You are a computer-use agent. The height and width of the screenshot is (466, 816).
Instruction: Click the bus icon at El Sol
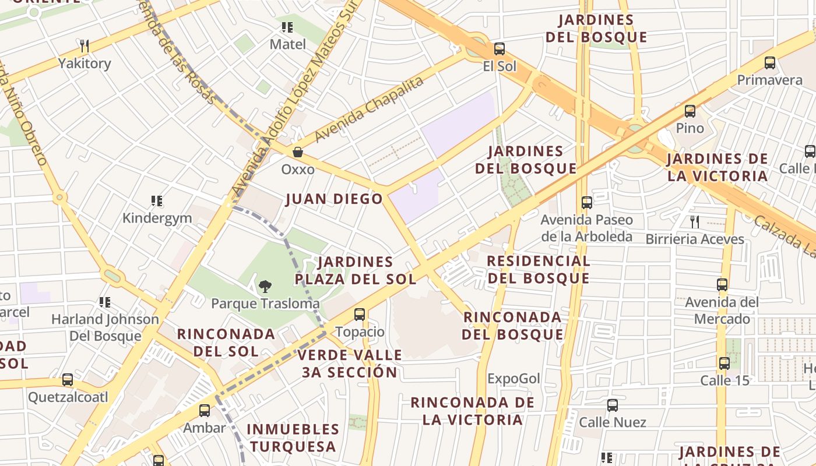(x=500, y=49)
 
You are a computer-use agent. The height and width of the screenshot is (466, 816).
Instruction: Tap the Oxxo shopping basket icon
(x=298, y=152)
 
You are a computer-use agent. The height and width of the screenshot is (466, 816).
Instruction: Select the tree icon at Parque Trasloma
(x=265, y=286)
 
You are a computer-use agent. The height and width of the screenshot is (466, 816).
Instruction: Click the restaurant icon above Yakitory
(x=85, y=46)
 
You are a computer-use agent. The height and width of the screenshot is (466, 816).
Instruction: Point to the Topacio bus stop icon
(x=360, y=315)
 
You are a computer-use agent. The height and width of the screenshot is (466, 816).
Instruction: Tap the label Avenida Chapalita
(x=368, y=110)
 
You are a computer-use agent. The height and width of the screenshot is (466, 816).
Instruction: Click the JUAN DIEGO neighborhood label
(x=334, y=199)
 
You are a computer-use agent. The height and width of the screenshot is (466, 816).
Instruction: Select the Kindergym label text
(x=157, y=218)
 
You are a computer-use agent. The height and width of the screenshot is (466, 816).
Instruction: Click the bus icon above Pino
(x=690, y=111)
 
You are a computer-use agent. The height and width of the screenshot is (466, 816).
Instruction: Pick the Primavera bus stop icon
(x=770, y=63)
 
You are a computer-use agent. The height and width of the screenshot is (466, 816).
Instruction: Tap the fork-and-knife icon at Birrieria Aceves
(x=695, y=221)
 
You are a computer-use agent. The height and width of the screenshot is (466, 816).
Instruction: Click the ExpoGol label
(x=513, y=379)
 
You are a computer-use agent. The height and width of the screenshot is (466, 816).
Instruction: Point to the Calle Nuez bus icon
(x=613, y=405)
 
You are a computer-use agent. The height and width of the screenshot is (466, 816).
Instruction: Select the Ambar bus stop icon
(x=205, y=411)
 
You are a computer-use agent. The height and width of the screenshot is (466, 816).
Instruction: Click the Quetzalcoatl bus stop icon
(x=68, y=380)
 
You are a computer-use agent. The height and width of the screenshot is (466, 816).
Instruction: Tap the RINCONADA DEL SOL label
(x=226, y=343)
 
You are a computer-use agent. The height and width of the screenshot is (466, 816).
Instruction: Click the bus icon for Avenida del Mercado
(x=722, y=285)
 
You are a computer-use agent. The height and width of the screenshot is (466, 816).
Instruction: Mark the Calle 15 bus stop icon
(x=724, y=363)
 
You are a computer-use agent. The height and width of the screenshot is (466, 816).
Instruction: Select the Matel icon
(x=287, y=27)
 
